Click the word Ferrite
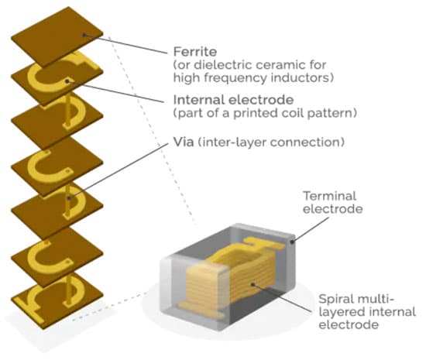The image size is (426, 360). pyautogui.click(x=195, y=52)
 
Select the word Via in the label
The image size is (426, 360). pyautogui.click(x=184, y=142)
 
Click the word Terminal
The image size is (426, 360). pyautogui.click(x=329, y=196)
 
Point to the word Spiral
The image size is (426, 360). pyautogui.click(x=336, y=299)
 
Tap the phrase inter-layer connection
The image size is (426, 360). pyautogui.click(x=271, y=142)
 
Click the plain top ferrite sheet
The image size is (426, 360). pyautogui.click(x=57, y=37)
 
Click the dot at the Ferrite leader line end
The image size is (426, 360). pyautogui.click(x=84, y=35)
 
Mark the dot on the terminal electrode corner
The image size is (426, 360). pyautogui.click(x=292, y=242)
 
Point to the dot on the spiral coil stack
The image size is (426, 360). pyautogui.click(x=253, y=284)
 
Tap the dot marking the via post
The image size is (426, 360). pyautogui.click(x=69, y=198)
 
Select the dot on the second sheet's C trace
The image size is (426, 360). pyautogui.click(x=67, y=81)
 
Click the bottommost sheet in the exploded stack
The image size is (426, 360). pyautogui.click(x=57, y=300)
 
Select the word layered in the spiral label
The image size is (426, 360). pyautogui.click(x=338, y=312)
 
